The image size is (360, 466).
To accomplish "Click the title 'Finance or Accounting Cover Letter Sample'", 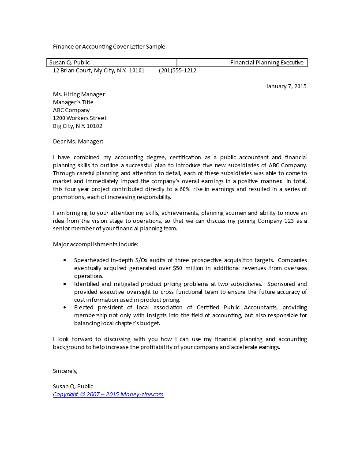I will (109, 46).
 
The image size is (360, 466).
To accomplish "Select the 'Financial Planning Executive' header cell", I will (266, 63).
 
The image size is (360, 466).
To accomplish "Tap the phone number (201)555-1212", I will (177, 71).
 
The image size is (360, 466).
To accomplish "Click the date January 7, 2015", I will (286, 86).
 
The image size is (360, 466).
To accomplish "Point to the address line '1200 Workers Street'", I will (80, 118).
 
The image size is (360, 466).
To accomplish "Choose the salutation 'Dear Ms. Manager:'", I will (78, 142).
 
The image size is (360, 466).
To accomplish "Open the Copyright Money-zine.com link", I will (108, 395).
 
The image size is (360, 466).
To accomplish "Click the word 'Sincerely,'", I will (65, 371).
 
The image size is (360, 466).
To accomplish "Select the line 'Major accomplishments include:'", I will (96, 244).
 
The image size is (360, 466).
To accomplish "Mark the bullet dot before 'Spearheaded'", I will (65, 261).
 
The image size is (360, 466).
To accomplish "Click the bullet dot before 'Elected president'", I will (65, 308).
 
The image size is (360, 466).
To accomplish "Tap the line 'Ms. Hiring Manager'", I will (79, 94).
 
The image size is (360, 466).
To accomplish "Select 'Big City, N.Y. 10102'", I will (78, 126).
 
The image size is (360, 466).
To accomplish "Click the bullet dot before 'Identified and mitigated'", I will (65, 284).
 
